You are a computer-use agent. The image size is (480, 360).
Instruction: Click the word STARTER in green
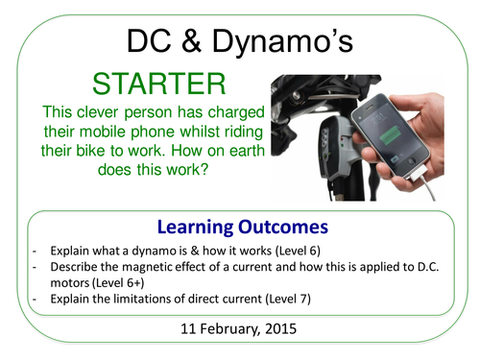156,84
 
